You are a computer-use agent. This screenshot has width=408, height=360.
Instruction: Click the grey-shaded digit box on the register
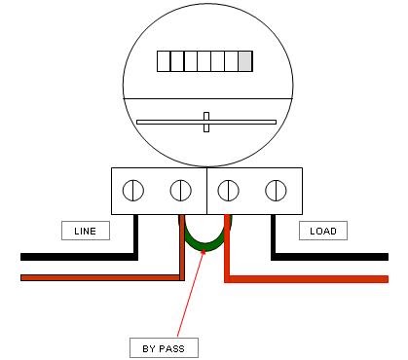click(x=244, y=61)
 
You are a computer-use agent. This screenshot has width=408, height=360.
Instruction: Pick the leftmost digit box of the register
click(x=164, y=61)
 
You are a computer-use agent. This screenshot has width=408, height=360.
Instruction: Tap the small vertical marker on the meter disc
click(x=205, y=123)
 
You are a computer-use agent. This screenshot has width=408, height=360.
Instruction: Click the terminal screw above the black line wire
click(x=135, y=189)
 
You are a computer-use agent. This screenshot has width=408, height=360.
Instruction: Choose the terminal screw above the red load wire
click(x=229, y=189)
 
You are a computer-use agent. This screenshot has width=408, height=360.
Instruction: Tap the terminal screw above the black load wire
click(x=275, y=189)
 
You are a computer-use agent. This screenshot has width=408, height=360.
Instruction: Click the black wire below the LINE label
click(x=78, y=258)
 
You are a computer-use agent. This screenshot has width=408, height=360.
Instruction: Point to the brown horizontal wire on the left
click(x=97, y=277)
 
